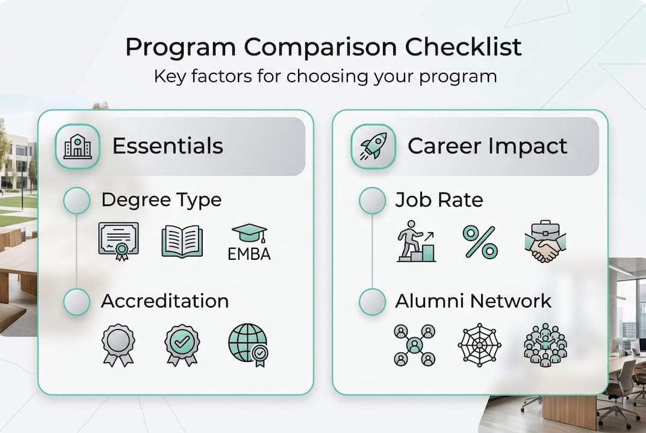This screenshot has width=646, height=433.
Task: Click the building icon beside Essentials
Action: click(78, 146)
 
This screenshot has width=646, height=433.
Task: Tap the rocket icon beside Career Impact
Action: click(373, 146)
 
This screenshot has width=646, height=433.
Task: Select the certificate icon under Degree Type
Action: click(119, 241)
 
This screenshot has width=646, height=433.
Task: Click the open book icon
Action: click(182, 241)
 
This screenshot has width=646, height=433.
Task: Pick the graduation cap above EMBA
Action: click(249, 233)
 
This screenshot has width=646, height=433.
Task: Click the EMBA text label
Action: click(249, 254)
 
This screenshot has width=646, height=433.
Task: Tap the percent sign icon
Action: click(480, 242)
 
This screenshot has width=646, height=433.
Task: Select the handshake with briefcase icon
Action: click(545, 242)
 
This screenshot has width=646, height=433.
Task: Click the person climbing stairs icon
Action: click(416, 242)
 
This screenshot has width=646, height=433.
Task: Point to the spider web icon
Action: click(479, 345)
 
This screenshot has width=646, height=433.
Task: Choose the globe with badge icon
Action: click(248, 345)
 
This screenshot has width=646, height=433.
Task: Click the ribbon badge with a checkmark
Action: click(182, 345)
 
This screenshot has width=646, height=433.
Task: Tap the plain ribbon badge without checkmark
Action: click(118, 345)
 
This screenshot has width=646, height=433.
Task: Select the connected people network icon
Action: click(414, 345)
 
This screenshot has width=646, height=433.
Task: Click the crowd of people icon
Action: click(545, 345)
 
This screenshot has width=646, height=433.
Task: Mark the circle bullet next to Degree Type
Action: click(77, 200)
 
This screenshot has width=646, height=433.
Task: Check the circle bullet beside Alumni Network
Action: click(372, 302)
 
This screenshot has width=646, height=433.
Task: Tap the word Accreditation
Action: click(164, 301)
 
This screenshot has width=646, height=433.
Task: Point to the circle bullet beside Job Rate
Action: click(372, 200)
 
